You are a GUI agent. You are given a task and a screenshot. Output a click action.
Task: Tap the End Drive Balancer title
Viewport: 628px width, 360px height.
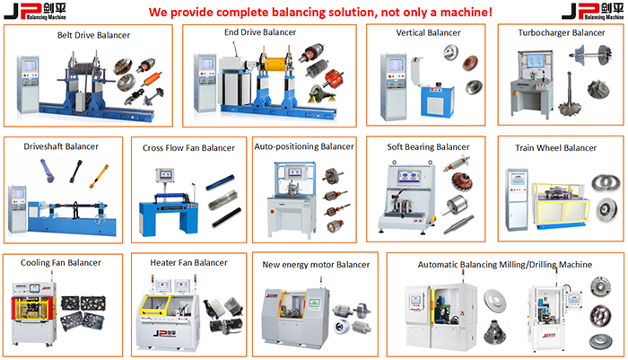click(x=260, y=32)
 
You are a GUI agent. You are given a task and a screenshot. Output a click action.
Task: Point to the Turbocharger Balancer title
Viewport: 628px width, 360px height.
click(x=562, y=32)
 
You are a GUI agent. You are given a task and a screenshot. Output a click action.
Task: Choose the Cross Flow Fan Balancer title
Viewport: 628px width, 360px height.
click(x=188, y=148)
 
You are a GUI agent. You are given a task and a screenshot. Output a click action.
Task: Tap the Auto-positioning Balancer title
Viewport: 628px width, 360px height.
click(x=304, y=145)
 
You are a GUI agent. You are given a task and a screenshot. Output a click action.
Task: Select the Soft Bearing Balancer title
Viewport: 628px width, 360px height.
click(x=428, y=146)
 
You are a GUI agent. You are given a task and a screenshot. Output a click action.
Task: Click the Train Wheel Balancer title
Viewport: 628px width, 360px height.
click(x=555, y=147)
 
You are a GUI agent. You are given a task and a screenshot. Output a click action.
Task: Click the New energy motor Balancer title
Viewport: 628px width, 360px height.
click(x=316, y=265)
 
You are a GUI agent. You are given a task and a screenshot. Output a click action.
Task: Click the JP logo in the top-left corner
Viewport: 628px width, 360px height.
click(x=36, y=12)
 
